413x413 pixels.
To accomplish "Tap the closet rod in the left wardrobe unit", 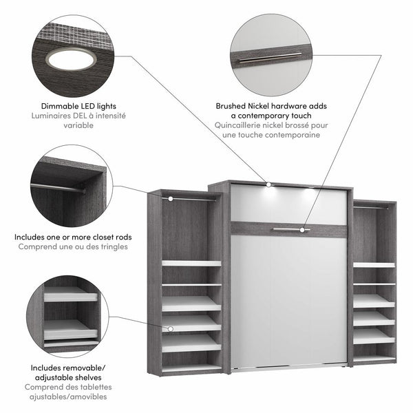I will pyautogui.click(x=192, y=198).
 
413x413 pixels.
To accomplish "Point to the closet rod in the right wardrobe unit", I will pyautogui.click(x=374, y=206).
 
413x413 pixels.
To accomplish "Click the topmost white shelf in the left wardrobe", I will pyautogui.click(x=192, y=263).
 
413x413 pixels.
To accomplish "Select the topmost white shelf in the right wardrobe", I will pyautogui.click(x=374, y=265).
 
